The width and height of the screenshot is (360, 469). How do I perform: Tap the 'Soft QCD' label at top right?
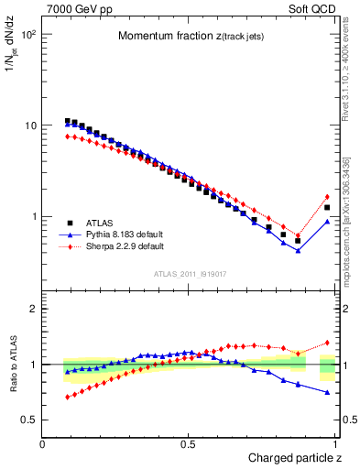312,8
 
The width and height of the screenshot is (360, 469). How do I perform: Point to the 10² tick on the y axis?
27,34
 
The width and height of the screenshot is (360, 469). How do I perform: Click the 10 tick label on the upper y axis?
29,125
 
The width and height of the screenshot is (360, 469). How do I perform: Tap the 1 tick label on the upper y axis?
33,217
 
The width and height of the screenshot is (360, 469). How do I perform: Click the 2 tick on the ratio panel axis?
33,309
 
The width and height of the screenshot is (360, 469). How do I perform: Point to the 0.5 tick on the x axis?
188,443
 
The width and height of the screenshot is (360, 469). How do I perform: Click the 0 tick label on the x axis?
43,443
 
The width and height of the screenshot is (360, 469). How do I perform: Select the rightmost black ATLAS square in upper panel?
327,208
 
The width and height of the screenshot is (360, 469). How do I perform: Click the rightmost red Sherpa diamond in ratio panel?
327,343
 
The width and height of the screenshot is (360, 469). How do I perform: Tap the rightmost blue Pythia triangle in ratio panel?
327,392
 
